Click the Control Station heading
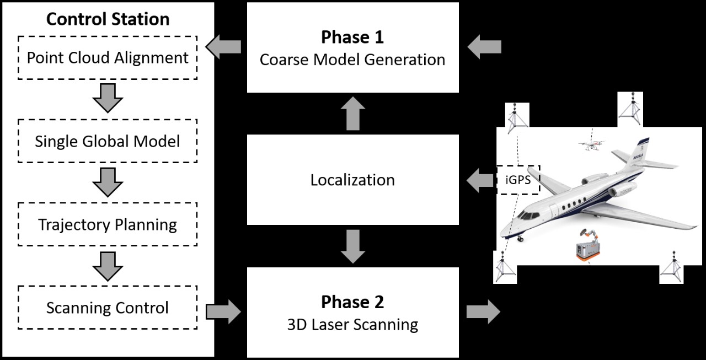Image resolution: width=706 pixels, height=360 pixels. (108, 19)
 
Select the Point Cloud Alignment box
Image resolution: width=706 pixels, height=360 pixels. (108, 57)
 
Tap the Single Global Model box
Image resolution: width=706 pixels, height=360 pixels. (108, 141)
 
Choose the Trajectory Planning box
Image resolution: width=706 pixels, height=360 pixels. (108, 224)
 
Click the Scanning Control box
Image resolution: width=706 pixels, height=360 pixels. (108, 307)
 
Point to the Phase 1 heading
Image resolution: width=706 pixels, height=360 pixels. (352, 37)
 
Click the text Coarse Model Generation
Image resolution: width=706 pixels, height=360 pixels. (352, 60)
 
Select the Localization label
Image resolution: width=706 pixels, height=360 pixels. (352, 180)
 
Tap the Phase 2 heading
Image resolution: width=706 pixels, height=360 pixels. (352, 302)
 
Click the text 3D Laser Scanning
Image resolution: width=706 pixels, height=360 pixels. (352, 324)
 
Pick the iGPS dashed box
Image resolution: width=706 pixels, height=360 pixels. (518, 180)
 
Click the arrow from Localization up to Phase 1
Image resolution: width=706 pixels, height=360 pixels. (352, 114)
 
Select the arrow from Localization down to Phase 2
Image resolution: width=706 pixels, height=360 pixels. (352, 246)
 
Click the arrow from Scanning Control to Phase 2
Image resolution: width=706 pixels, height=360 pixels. (223, 312)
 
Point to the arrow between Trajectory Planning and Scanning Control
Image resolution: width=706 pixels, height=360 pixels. (108, 266)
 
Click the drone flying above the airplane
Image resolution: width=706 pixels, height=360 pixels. (591, 146)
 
